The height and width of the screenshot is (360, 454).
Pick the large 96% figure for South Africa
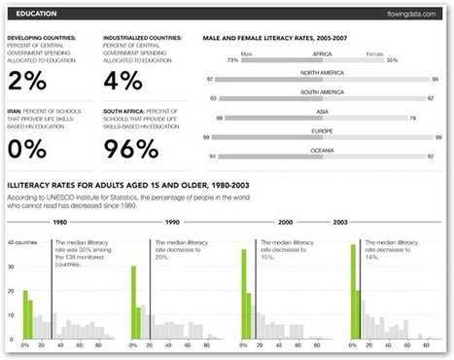(133, 148)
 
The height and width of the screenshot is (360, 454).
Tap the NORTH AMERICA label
(321, 74)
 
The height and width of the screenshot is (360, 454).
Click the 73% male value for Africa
(232, 60)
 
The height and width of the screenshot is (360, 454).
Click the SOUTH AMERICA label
(321, 92)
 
